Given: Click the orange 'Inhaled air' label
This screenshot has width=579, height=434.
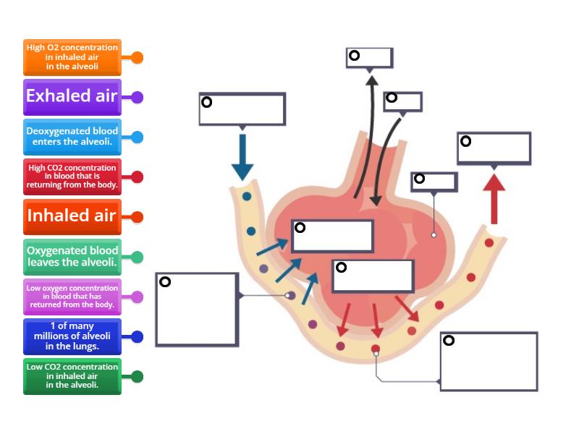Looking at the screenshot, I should click(72, 216).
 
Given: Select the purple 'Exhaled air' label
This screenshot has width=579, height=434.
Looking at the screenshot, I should click(72, 97).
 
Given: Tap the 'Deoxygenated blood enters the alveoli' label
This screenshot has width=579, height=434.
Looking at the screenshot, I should click(72, 137).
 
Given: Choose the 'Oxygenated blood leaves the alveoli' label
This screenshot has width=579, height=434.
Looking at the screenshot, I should click(72, 257).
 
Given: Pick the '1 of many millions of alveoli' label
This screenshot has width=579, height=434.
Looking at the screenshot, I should click(72, 336).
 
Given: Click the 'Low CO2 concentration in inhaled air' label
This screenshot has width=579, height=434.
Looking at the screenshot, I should click(72, 376).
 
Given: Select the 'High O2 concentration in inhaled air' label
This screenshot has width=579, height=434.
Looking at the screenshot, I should click(72, 57).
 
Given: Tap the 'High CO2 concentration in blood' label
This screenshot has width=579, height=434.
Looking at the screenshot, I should click(72, 176).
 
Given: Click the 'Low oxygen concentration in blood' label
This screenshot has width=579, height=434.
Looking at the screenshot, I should click(72, 297).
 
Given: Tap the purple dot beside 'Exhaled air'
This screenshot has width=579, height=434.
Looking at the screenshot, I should click(137, 97).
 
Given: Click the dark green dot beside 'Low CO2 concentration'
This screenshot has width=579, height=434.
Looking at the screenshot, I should click(137, 376).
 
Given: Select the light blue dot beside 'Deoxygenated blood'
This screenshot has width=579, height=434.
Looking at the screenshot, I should click(137, 137).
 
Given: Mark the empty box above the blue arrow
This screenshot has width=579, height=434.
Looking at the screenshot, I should click(242, 109).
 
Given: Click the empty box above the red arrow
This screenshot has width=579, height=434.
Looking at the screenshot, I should click(494, 148).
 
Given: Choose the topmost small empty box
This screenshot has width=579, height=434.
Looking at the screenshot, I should click(369, 58).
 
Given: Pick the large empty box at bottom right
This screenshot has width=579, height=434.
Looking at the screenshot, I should click(489, 362).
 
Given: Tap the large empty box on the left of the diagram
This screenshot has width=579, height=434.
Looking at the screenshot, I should click(197, 310).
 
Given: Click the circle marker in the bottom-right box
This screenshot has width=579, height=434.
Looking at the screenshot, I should click(449, 341).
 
